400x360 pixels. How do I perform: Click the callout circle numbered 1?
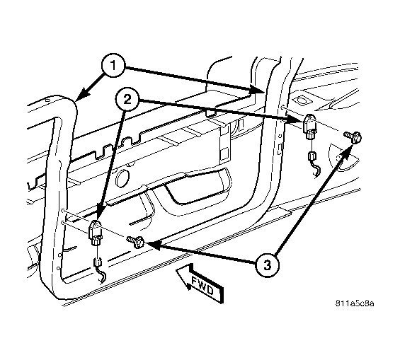pyautogui.click(x=113, y=66)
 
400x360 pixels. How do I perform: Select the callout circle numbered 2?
pyautogui.click(x=127, y=100)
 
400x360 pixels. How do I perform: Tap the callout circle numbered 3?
pyautogui.click(x=267, y=265)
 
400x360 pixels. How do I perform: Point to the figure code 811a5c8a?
pyautogui.click(x=355, y=303)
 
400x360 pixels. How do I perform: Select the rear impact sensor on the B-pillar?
pyautogui.click(x=310, y=127)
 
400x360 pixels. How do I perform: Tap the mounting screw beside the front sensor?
pyautogui.click(x=137, y=241)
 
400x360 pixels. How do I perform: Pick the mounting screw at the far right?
pyautogui.click(x=353, y=137)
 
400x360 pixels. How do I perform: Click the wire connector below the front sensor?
pyautogui.click(x=97, y=262)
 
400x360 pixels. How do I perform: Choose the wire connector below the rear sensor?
pyautogui.click(x=312, y=156)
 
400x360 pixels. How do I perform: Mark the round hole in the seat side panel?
pyautogui.click(x=122, y=178)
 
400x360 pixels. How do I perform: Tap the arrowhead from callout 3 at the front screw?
pyautogui.click(x=153, y=245)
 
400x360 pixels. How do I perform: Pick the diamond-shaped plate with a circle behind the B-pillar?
pyautogui.click(x=302, y=101)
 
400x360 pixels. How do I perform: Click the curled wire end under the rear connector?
pyautogui.click(x=317, y=170)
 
